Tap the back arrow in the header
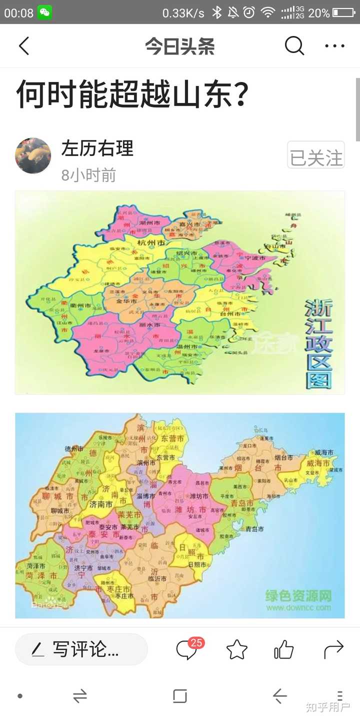click(24, 46)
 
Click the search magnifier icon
click(294, 46)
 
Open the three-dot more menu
click(334, 46)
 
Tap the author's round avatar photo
click(33, 156)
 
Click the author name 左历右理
click(97, 148)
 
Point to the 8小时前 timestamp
click(88, 175)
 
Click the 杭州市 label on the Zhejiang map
click(151, 242)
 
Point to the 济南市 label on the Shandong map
click(100, 504)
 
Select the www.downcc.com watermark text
click(298, 607)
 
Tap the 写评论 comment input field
click(81, 649)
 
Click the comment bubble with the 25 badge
click(187, 649)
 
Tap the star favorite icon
click(236, 649)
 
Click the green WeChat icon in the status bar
click(44, 12)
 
